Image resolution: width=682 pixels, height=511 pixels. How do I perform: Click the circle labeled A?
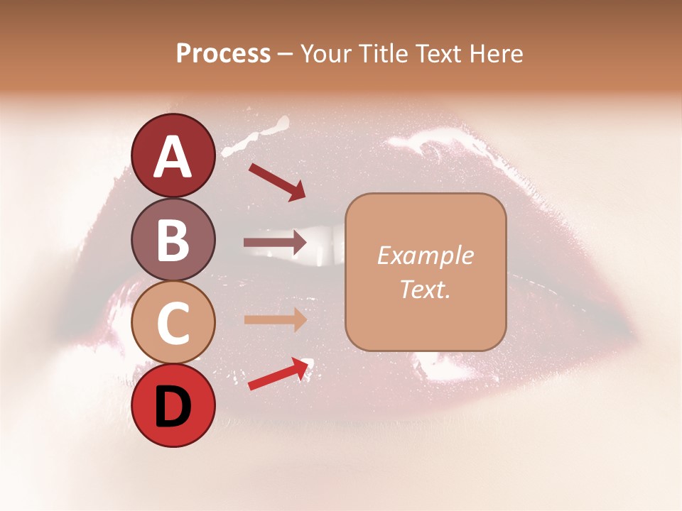(173, 155)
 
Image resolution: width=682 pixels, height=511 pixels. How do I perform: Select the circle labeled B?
(173, 239)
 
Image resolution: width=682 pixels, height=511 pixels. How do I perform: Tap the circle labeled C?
(173, 323)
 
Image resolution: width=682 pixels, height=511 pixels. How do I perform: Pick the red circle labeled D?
(173, 407)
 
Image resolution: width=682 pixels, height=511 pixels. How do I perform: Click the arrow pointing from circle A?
(277, 182)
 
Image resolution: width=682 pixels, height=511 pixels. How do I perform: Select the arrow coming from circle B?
(275, 243)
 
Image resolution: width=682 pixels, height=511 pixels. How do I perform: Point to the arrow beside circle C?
(275, 319)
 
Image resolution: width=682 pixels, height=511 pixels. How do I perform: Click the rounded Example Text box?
(426, 272)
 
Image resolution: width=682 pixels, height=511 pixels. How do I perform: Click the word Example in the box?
(426, 255)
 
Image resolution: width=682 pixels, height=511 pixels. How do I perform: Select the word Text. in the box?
(426, 289)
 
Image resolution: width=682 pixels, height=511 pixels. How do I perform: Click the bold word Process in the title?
(223, 53)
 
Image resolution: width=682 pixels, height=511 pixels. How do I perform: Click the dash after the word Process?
(286, 54)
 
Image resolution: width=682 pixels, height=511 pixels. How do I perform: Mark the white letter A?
(173, 157)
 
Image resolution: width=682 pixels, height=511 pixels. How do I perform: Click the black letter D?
(173, 408)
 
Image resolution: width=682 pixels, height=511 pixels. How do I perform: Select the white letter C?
(173, 324)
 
